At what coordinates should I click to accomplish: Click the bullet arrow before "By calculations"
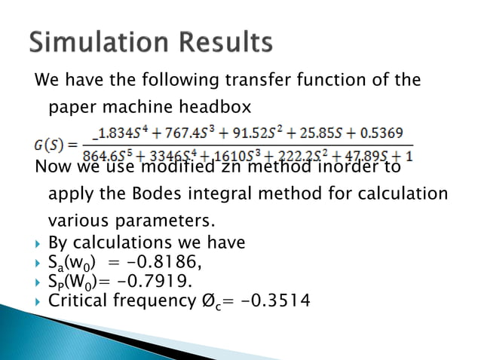pyautogui.click(x=39, y=243)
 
